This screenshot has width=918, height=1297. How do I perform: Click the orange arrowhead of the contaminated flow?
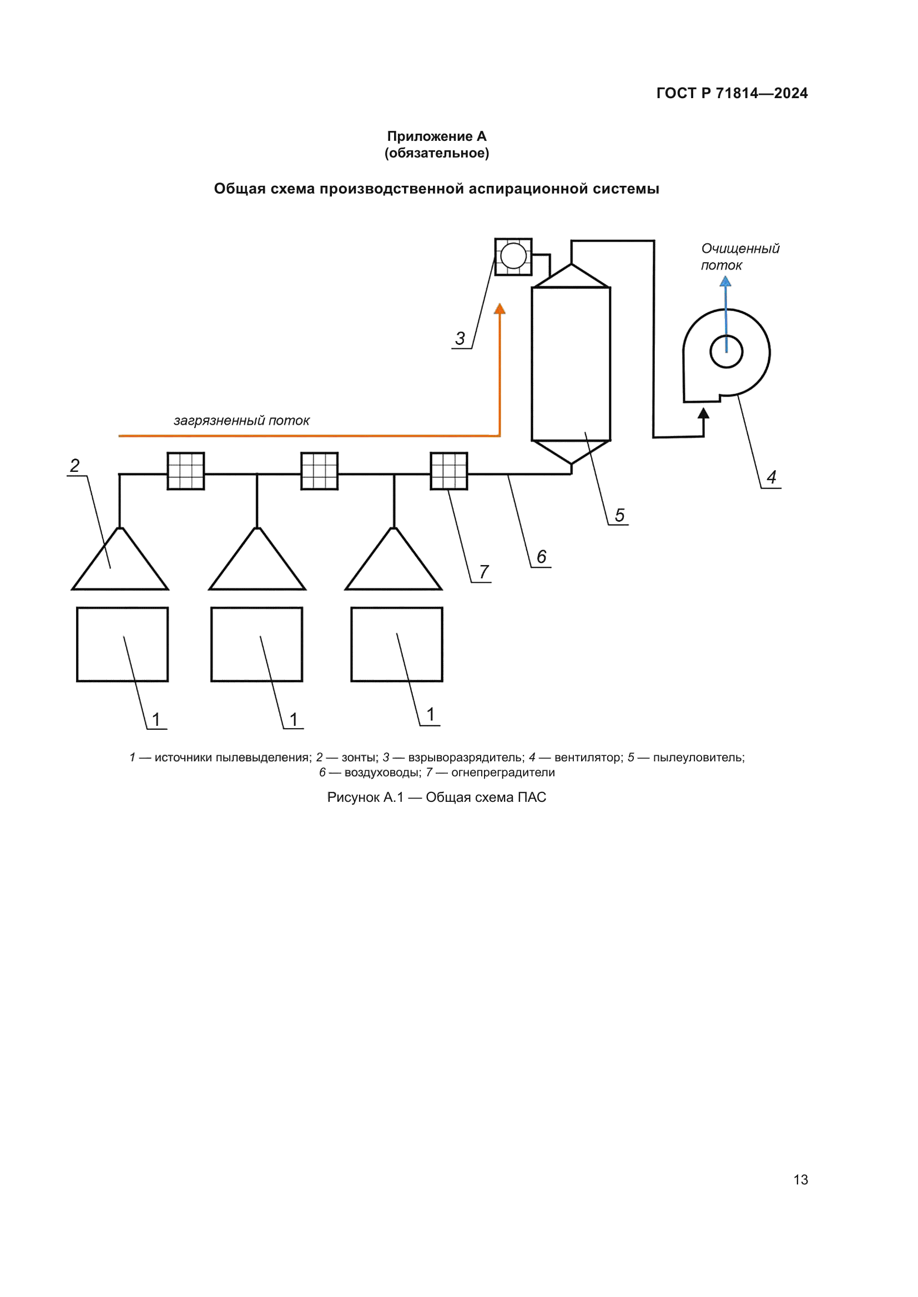pos(500,309)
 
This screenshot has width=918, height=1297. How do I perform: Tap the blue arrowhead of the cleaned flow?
pos(725,281)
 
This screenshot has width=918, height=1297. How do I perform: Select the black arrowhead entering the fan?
pos(703,414)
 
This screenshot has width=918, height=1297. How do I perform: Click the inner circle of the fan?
pos(727,352)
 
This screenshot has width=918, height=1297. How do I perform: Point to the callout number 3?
pos(460,338)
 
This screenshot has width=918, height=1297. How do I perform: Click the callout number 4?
pos(771,477)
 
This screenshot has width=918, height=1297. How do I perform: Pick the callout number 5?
pos(619,515)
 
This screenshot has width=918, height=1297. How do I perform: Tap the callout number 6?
pos(542,556)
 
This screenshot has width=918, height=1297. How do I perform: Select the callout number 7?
pos(484,572)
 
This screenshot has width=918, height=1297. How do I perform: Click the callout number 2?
pos(74,465)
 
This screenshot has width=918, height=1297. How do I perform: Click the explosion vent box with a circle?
pos(513,257)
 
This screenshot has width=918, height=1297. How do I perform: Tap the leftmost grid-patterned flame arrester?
pos(186,471)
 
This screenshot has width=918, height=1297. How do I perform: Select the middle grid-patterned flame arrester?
pos(319,471)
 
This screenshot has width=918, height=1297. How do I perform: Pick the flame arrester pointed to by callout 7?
pos(450,471)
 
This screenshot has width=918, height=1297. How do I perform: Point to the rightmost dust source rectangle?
pos(397,644)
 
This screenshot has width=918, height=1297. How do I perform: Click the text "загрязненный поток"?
pos(241,420)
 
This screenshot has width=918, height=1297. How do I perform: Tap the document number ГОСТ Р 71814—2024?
pos(732,93)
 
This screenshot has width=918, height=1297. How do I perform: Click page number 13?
pos(800,1179)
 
